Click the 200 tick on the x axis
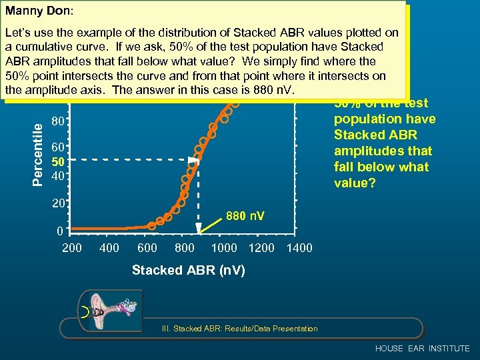tap(71, 248)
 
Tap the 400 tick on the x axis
tap(109, 248)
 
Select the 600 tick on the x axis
tap(147, 248)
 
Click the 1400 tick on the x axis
tap(299, 248)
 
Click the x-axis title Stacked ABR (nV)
tap(188, 270)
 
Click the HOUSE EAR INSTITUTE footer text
tap(422, 349)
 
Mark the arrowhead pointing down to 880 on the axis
tap(199, 228)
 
